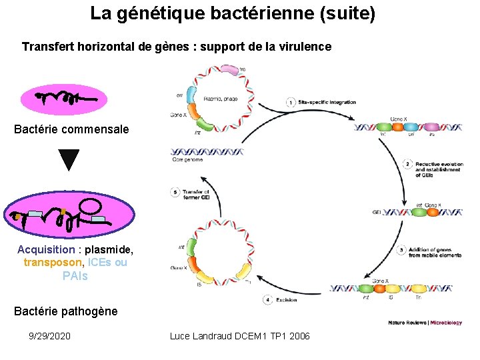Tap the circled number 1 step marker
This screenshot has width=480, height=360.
point(291,102)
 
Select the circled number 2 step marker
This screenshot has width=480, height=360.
point(407,164)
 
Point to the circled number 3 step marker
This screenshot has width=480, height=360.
point(401,250)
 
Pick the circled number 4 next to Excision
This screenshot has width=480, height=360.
point(268,300)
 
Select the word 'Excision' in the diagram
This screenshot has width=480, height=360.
point(288,300)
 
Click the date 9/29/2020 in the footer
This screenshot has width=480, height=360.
point(50,336)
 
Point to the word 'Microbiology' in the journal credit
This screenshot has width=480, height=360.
point(445,323)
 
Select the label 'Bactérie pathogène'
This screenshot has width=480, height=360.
point(65,311)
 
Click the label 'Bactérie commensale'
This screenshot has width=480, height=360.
point(71,129)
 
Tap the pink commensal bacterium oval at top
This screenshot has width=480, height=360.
point(69,100)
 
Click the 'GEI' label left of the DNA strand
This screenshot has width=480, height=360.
point(377,213)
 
